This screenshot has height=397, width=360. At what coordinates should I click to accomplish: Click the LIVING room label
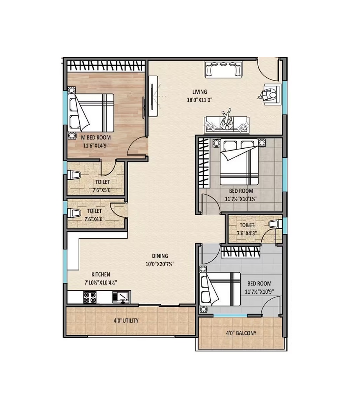point(199,91)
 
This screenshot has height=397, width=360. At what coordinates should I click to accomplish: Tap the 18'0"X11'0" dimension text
point(199,100)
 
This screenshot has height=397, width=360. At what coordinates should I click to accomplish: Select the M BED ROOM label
point(96,137)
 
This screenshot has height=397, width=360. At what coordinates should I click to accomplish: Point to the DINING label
point(160,256)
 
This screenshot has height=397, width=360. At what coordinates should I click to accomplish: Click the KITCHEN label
point(101,274)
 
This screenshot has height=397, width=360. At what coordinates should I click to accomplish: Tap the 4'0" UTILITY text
point(126,321)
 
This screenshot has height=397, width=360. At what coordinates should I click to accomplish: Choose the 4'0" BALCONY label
point(241,333)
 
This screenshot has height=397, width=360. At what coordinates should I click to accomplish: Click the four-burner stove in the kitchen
point(90,297)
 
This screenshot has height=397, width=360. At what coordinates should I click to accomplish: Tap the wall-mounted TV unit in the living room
point(153,96)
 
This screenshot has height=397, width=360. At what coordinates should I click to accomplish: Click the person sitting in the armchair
point(267,95)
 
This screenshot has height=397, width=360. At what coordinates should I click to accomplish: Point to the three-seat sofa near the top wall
point(223,69)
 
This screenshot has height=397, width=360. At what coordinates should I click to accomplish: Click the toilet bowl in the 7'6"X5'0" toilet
point(74,175)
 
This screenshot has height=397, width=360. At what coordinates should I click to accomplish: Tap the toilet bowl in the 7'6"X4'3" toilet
point(275,224)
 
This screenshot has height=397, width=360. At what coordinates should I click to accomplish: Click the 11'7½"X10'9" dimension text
point(259,292)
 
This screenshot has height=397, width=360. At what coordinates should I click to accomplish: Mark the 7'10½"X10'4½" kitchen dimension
point(101,282)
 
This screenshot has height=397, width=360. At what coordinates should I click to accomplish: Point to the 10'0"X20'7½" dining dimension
point(160,264)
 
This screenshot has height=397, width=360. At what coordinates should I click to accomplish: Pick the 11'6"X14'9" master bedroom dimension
point(96,146)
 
